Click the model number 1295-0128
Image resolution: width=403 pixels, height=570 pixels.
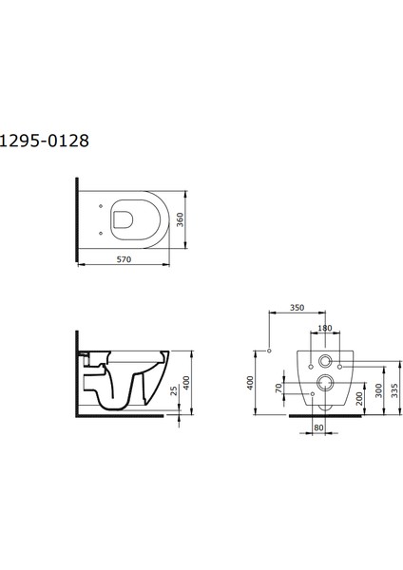click(44, 141)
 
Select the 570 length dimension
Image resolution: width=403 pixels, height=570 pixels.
click(124, 259)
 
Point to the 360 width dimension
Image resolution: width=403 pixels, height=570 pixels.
click(180, 219)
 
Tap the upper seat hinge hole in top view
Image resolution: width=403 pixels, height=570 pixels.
click(101, 206)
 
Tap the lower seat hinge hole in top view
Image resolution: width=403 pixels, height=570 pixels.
click(101, 233)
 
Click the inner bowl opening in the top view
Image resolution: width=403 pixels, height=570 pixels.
click(124, 220)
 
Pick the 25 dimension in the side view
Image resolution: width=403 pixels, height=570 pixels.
click(174, 390)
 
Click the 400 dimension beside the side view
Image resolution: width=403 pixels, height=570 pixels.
click(186, 383)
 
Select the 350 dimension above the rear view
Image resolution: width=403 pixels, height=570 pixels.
click(297, 308)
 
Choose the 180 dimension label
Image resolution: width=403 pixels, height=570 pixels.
click(325, 328)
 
